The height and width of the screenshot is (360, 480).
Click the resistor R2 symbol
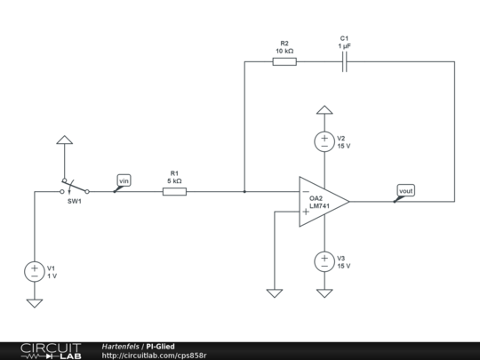pos(284,61)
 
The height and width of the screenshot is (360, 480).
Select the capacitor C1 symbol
pos(345,61)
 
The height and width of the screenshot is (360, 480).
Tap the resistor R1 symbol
pos(174,190)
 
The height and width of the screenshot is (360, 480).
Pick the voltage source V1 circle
pos(35,271)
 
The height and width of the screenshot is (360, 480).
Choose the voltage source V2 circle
pos(325,141)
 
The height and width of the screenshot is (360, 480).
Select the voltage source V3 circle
pos(325,261)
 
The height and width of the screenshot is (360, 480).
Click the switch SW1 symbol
pos(76,188)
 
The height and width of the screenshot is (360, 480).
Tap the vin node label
pos(124,180)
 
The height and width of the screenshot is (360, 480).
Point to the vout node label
pos(405,190)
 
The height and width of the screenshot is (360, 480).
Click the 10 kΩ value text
pos(284,52)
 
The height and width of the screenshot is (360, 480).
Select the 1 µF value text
pos(344,47)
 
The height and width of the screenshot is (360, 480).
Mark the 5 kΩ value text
pos(174,180)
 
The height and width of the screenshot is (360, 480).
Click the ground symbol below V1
pos(35,303)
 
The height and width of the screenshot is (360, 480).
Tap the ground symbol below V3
pos(325,292)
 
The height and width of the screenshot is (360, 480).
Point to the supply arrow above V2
pos(325,110)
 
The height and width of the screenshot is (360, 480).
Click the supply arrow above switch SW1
pos(63,140)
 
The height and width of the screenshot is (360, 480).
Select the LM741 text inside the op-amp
pos(319,206)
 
